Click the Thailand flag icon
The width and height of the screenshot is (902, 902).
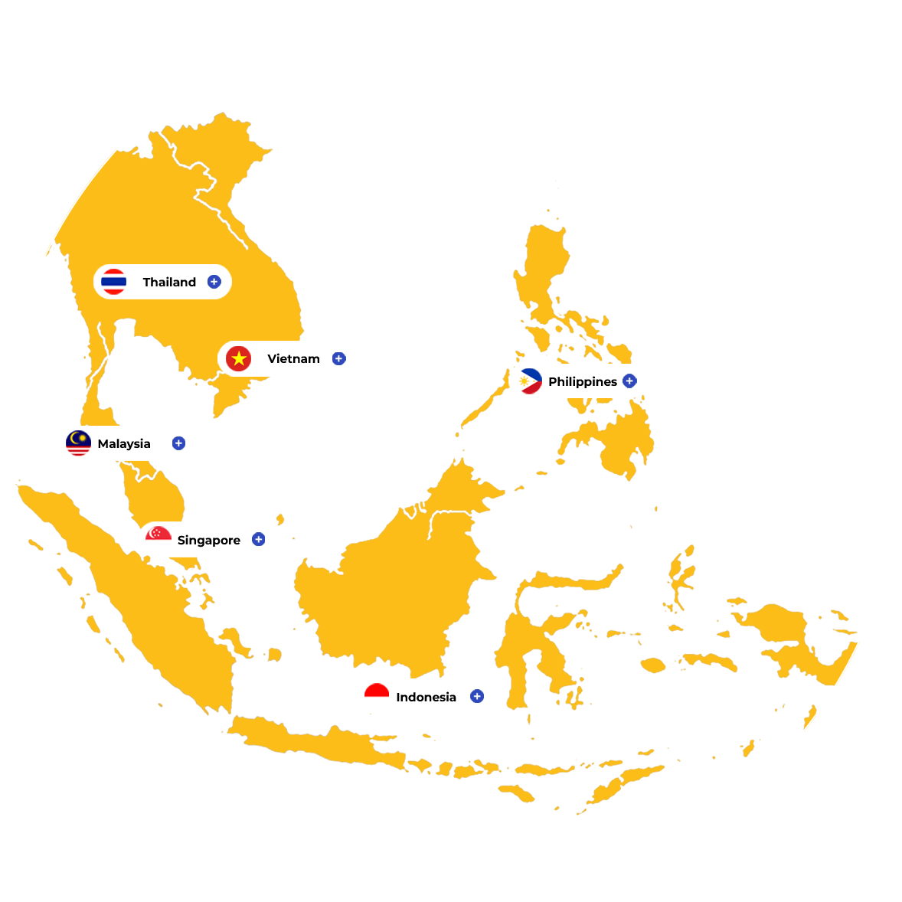pos(113,282)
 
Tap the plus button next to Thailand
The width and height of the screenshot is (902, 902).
pos(214,282)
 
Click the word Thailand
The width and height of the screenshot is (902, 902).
pos(169,282)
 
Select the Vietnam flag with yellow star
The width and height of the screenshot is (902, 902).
pos(239,358)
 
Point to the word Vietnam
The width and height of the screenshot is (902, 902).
pos(293,358)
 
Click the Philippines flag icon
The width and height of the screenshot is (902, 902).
pos(529,381)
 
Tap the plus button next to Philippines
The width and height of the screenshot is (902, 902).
pos(629,381)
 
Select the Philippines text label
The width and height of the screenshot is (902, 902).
pos(582,381)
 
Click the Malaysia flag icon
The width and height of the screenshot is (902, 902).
pos(78,443)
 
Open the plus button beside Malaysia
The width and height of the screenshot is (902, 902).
pos(178,443)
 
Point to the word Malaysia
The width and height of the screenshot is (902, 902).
pos(124,443)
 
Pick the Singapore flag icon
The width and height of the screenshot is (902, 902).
pos(159,538)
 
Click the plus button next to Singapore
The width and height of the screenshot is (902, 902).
pos(259,539)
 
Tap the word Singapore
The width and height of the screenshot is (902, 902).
pos(208,540)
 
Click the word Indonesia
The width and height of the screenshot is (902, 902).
pos(426,697)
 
